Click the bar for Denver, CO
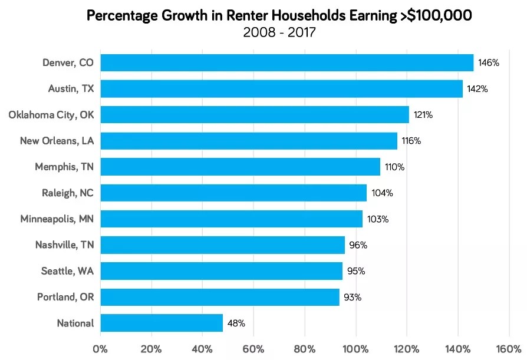pyautogui.click(x=287, y=62)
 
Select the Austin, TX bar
pyautogui.click(x=282, y=88)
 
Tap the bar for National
pyautogui.click(x=162, y=323)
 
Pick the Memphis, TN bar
pyautogui.click(x=241, y=167)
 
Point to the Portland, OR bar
pyautogui.click(x=220, y=297)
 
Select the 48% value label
pyautogui.click(x=236, y=323)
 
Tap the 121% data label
pyautogui.click(x=422, y=115)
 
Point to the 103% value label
pyautogui.click(x=378, y=219)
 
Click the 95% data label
pyautogui.click(x=356, y=271)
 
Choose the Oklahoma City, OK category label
pyautogui.click(x=51, y=114)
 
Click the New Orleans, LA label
pyautogui.click(x=57, y=141)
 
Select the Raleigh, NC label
pyautogui.click(x=67, y=193)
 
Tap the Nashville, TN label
pyautogui.click(x=64, y=245)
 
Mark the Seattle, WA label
pyautogui.click(x=67, y=271)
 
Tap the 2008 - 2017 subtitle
pyautogui.click(x=279, y=32)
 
